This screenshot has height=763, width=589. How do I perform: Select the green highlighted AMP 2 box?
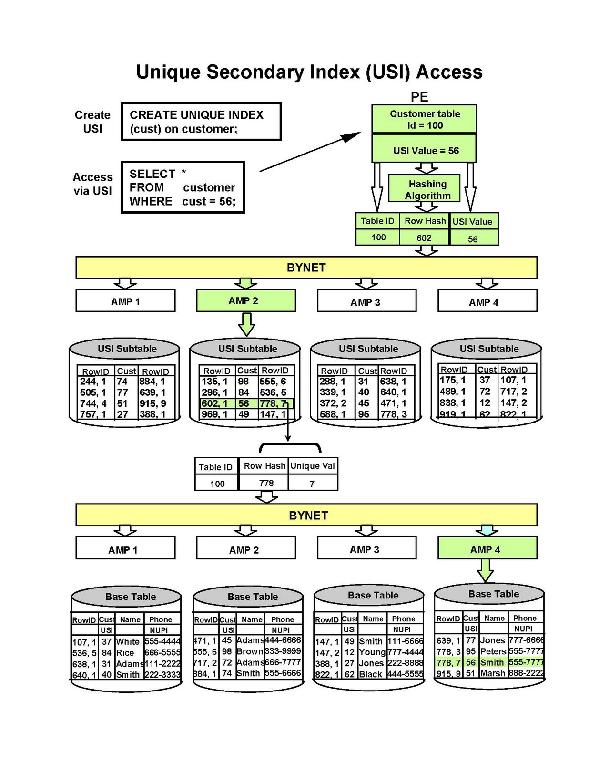point(245,301)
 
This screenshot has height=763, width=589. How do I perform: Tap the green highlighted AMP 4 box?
point(487,549)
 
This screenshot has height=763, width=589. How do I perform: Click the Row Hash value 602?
point(424,237)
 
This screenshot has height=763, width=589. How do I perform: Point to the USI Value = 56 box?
point(424,150)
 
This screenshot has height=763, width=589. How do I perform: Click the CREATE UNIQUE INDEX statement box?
point(201,122)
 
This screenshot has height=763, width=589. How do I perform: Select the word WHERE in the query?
point(151,201)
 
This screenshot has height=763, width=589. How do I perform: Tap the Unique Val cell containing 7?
point(312,483)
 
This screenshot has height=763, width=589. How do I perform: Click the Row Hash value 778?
point(266,483)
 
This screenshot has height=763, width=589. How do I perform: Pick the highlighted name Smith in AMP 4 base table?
point(492,662)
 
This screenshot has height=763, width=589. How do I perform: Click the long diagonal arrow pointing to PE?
point(310,151)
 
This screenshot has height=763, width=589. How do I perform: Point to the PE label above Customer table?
point(419,97)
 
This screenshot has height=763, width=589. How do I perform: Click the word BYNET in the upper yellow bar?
point(306,268)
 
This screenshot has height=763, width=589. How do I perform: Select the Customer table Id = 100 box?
point(424,119)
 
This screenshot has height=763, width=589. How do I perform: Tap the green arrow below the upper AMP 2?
point(246,324)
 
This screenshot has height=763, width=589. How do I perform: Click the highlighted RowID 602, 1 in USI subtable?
point(214,403)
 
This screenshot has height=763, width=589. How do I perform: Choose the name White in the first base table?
point(128,641)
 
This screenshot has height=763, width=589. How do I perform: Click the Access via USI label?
point(92,184)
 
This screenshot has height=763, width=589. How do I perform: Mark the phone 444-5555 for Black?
point(405,674)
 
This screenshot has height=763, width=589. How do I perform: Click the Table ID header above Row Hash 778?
point(215,467)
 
